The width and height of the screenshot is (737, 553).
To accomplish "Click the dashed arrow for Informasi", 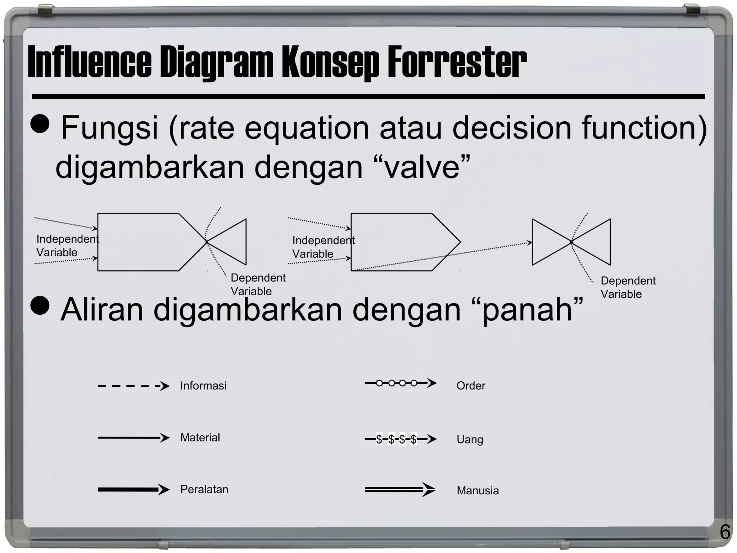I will pyautogui.click(x=133, y=386).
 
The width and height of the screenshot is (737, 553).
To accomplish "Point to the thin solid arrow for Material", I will pyautogui.click(x=133, y=438).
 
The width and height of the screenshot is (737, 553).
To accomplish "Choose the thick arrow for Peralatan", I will pyautogui.click(x=133, y=490).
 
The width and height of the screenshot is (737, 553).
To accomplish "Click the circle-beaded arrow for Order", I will pyautogui.click(x=401, y=383).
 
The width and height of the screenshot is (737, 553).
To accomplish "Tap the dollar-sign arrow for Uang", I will pyautogui.click(x=401, y=439).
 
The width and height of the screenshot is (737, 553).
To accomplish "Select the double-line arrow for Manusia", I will pyautogui.click(x=401, y=490).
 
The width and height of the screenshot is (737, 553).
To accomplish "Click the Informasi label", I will pyautogui.click(x=203, y=386).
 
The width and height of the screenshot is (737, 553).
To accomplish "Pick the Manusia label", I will pyautogui.click(x=478, y=491).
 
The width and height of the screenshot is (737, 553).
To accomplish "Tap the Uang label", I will pyautogui.click(x=470, y=440).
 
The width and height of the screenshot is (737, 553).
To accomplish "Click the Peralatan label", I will pyautogui.click(x=204, y=490).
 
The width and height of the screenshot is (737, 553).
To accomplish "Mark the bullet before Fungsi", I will pyautogui.click(x=40, y=124).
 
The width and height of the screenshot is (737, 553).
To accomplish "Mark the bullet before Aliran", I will pyautogui.click(x=40, y=306).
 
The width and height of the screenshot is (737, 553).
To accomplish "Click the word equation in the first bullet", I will pyautogui.click(x=307, y=128).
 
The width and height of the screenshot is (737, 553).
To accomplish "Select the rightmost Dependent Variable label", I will pyautogui.click(x=628, y=287).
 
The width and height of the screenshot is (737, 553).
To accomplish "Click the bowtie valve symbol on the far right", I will pyautogui.click(x=571, y=242).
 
